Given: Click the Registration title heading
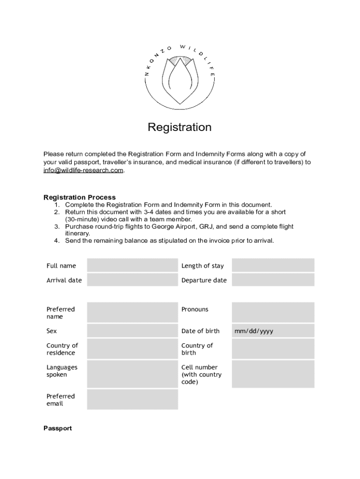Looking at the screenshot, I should [x=180, y=127].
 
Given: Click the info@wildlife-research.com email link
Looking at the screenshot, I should [x=84, y=170].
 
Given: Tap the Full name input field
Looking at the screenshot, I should [x=132, y=266].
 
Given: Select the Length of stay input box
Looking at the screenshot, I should [x=273, y=266].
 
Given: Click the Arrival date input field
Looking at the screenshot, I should [x=132, y=280].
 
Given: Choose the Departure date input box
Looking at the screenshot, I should [x=273, y=280].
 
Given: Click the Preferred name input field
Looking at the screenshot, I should [x=132, y=312].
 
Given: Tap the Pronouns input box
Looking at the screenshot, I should [x=273, y=312].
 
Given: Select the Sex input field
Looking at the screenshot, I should [x=132, y=331].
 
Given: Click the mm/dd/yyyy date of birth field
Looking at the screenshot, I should [x=273, y=331].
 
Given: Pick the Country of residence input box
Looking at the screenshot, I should [x=132, y=349].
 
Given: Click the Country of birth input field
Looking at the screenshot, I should [x=273, y=349].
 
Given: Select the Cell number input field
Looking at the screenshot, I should [x=273, y=374].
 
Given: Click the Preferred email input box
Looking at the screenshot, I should [x=132, y=399].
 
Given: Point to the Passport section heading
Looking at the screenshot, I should [x=58, y=428].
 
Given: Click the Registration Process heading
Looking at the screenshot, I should [x=79, y=197].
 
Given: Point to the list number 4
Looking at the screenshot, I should [x=57, y=241].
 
